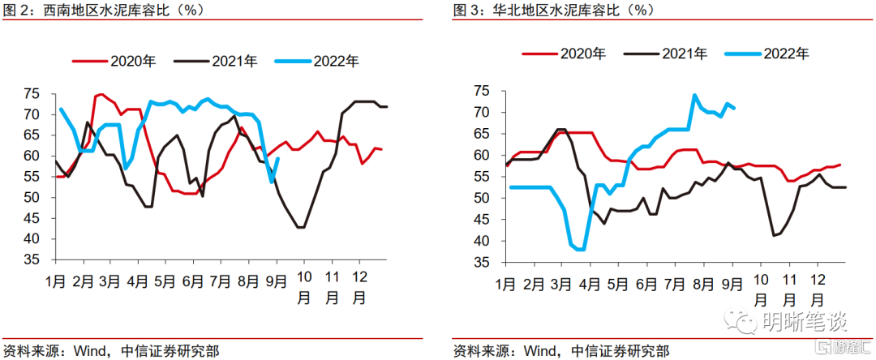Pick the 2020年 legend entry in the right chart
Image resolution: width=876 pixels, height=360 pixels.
pos(582,54)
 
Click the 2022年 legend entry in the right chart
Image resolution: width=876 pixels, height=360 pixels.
pos(786,54)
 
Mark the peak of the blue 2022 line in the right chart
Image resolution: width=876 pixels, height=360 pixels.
pos(695,95)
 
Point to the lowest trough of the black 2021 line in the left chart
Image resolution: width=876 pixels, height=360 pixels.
pos(301,227)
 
